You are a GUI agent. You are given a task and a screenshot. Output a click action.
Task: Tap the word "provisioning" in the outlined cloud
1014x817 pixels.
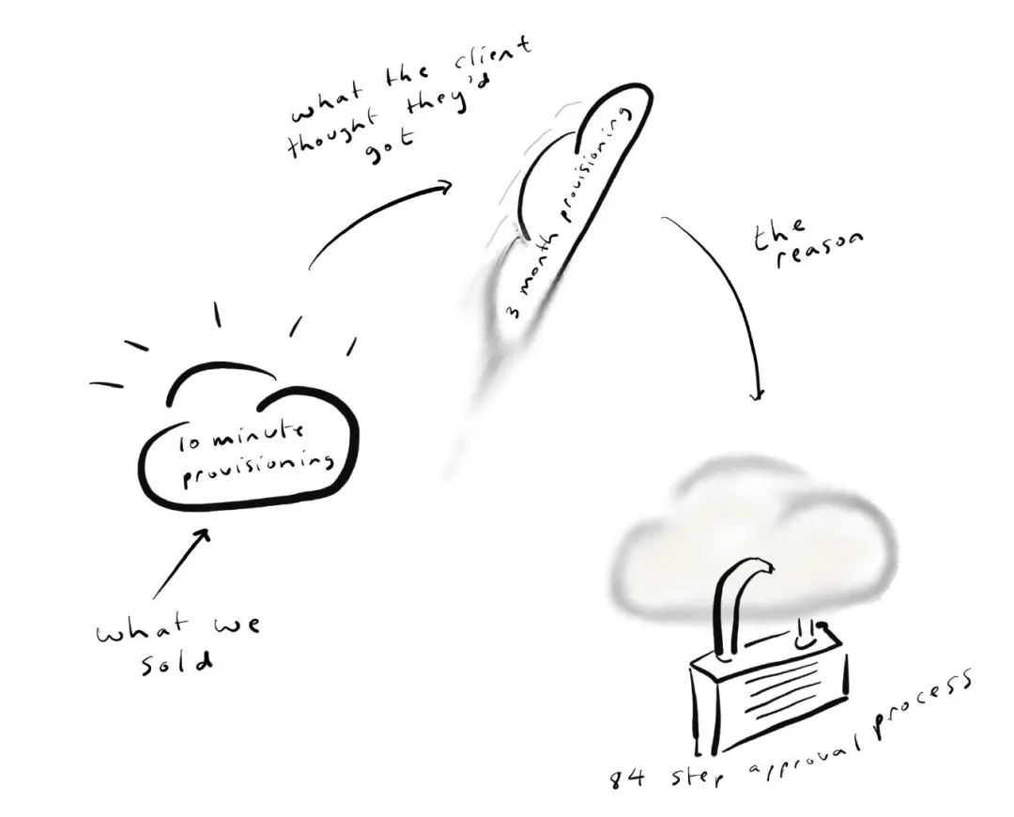(258, 466)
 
